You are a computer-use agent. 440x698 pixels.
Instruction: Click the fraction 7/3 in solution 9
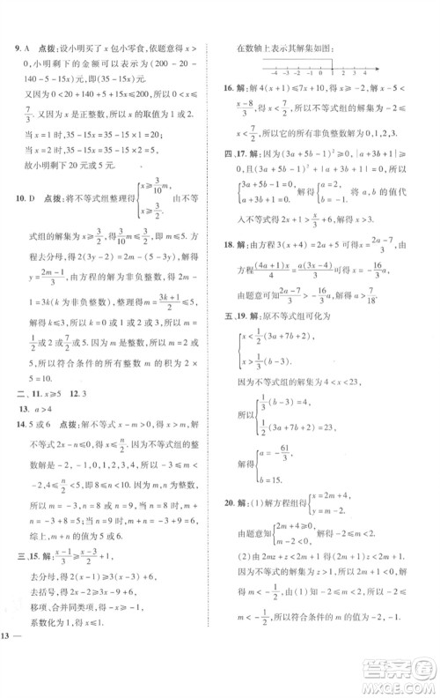point(28,114)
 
